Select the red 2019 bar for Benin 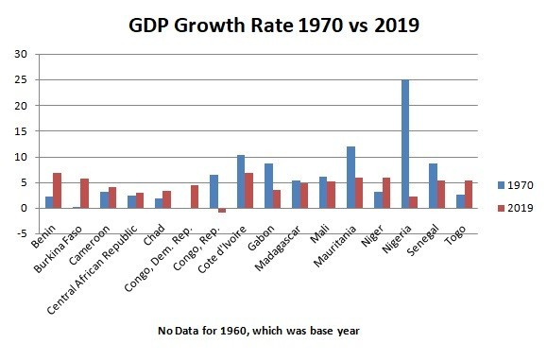pyautogui.click(x=57, y=191)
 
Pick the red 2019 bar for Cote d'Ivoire pyautogui.click(x=248, y=191)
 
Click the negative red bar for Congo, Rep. pyautogui.click(x=221, y=211)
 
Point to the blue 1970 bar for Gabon pyautogui.click(x=268, y=186)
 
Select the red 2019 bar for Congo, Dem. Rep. pyautogui.click(x=194, y=197)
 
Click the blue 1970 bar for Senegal pyautogui.click(x=433, y=186)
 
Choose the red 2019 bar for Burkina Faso pyautogui.click(x=84, y=194)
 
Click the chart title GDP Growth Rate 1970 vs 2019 pyautogui.click(x=274, y=25)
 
